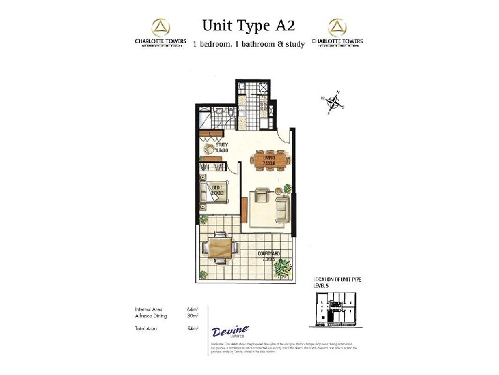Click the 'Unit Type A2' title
pos(248,26)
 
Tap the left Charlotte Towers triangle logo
pos(161,27)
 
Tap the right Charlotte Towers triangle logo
pos(337,27)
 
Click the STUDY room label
pos(215,147)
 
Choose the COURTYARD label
pos(269,254)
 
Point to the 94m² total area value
pos(192,328)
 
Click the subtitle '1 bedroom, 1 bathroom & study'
pos(248,44)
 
